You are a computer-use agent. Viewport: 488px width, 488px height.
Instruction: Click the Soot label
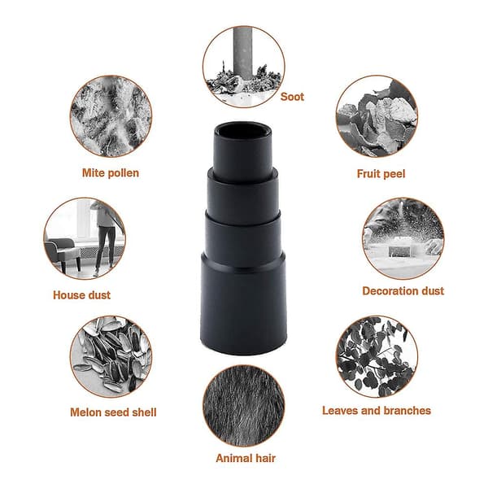pos(292,97)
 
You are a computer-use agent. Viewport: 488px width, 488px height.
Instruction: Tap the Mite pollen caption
pos(111,173)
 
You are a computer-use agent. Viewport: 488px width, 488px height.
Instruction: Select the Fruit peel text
pos(381,174)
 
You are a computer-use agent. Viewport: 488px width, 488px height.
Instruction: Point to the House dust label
pos(81,295)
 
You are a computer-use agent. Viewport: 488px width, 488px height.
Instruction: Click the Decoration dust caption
pos(403,291)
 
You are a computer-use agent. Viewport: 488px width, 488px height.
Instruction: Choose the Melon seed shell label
pos(113,412)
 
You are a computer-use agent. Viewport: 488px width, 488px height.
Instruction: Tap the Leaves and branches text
pos(377,411)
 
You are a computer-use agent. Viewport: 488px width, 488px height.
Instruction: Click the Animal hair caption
pos(246,458)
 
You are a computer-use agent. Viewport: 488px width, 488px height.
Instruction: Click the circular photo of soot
pos(244,67)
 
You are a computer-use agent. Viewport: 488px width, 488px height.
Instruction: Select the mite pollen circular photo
pos(111,116)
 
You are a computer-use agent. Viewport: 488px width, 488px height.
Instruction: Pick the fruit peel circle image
pos(377,116)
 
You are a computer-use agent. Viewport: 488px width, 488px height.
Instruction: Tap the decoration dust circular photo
pos(403,238)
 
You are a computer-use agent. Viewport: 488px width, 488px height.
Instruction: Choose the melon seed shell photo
pos(111,357)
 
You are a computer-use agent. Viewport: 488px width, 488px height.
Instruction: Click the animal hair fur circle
pos(244,406)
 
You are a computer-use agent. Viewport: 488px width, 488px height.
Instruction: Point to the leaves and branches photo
pos(377,357)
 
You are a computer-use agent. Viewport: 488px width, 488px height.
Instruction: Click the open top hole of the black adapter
pos(243,130)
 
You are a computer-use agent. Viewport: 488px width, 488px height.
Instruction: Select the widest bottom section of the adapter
pos(243,303)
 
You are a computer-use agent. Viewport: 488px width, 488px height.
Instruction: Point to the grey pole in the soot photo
pos(243,53)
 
